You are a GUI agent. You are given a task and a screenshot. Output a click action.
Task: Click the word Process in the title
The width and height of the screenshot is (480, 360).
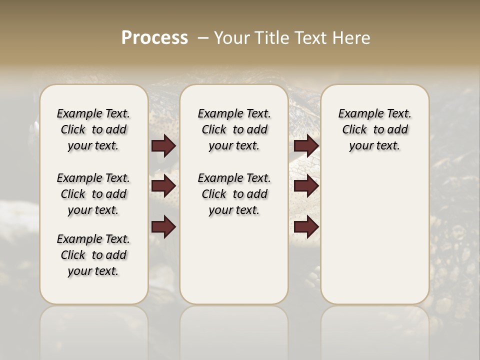154,38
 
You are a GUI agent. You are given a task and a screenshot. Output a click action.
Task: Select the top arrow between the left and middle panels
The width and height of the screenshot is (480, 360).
163,146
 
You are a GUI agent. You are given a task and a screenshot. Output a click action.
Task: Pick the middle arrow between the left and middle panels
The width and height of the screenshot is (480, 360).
163,186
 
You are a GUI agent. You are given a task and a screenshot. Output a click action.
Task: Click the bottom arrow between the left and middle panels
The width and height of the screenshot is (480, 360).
163,227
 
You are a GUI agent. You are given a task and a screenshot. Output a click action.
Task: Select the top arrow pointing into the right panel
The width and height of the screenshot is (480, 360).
306,146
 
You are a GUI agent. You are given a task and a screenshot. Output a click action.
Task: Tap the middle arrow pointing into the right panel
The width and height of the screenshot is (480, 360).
306,186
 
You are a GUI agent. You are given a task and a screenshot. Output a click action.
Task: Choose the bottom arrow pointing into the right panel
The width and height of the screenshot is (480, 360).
306,227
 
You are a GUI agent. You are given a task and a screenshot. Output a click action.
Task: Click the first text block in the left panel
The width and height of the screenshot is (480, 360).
93,129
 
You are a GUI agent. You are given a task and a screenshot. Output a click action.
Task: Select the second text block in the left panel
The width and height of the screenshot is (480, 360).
93,194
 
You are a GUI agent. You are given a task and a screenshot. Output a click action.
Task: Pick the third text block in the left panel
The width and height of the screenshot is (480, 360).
93,255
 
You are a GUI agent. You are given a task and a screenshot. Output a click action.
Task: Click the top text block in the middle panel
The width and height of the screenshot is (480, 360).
234,129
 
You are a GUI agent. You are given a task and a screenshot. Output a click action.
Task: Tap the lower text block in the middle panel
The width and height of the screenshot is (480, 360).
234,194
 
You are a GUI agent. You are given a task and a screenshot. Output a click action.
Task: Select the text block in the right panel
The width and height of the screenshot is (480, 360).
374,129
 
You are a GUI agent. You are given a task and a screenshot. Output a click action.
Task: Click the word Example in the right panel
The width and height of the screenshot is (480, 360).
357,114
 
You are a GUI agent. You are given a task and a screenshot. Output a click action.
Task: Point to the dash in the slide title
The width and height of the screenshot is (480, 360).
203,38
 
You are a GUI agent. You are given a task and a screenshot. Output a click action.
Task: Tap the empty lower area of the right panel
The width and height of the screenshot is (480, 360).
374,240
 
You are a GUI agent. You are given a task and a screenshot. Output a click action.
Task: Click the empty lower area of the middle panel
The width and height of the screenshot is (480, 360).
234,260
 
